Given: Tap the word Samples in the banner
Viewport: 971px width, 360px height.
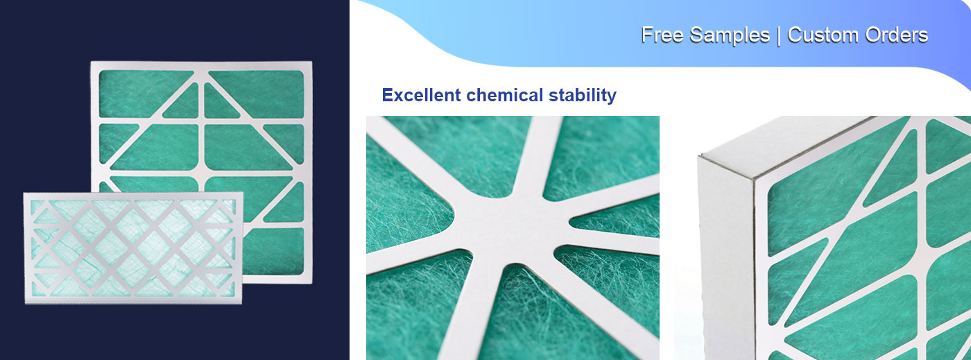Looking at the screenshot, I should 730,35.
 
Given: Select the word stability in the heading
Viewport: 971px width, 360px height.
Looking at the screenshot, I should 583,95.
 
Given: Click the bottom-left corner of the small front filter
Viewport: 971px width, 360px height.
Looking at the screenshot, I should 25,302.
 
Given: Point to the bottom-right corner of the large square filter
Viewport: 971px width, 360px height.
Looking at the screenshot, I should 310,281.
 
